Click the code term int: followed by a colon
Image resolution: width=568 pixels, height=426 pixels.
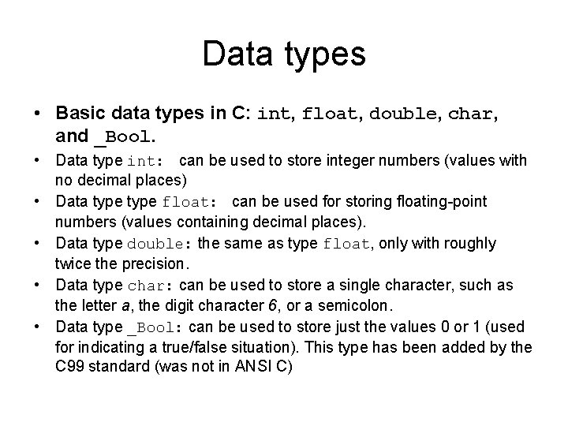tap(145, 162)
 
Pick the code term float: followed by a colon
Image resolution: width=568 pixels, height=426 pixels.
tap(203, 203)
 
